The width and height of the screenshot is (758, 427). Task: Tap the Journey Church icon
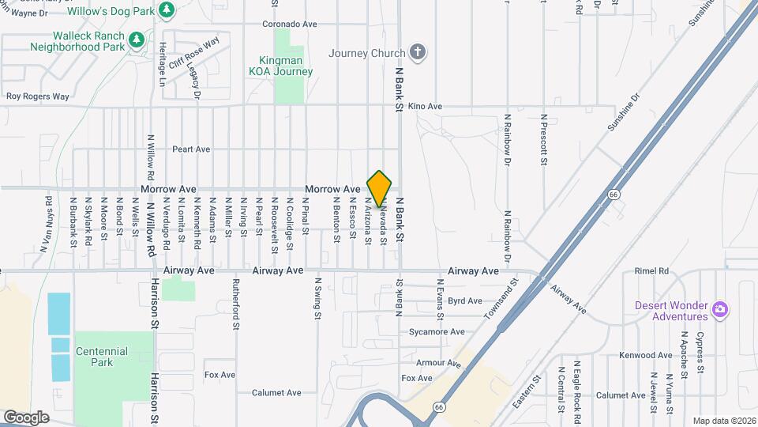point(418,53)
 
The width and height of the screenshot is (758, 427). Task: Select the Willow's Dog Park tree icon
point(166,9)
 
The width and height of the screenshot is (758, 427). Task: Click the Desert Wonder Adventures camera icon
point(719,308)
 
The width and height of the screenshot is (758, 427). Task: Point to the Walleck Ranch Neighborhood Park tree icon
point(136,39)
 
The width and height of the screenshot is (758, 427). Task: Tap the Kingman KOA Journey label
point(287,66)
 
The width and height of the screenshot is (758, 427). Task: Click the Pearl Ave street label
point(191,149)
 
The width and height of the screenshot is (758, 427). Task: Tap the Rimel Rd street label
point(651,270)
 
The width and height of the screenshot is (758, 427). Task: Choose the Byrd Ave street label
point(464,300)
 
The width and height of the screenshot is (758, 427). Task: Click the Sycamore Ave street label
point(437,332)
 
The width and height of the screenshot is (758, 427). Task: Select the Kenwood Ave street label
point(645,356)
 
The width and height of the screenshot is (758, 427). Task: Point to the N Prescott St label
point(543,139)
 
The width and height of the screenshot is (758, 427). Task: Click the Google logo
point(26,417)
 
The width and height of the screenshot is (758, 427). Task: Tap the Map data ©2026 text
point(724,420)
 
